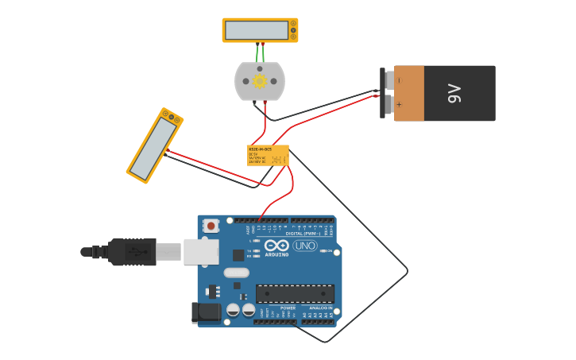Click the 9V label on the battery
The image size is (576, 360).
(454, 94)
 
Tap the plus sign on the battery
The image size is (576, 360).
(399, 104)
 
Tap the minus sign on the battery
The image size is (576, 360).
(399, 80)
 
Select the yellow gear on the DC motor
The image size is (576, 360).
(259, 81)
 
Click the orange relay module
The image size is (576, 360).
(268, 155)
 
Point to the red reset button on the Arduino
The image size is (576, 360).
(211, 226)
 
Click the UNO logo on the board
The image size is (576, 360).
(305, 246)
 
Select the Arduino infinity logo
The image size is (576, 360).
(276, 246)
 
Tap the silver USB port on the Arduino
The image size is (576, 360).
(200, 251)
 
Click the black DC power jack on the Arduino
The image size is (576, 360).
(206, 312)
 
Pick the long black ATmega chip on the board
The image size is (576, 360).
(294, 293)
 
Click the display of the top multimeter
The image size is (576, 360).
(256, 30)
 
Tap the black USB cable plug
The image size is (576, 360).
(132, 252)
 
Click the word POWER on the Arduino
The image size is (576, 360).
(288, 308)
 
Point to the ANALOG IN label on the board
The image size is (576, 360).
(321, 308)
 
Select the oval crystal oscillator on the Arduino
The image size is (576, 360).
(236, 273)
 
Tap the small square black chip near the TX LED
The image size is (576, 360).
(238, 255)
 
